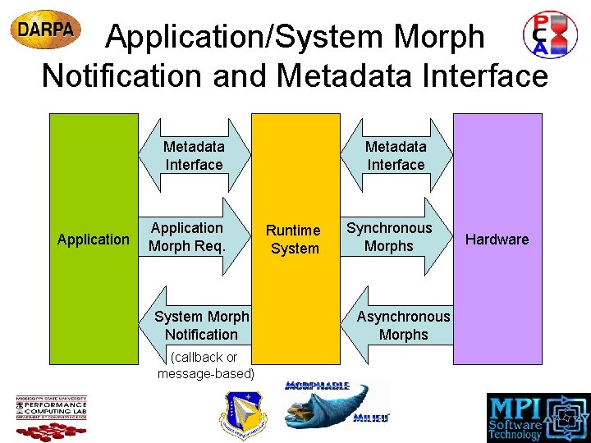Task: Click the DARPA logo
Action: pos(46,30)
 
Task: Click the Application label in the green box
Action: pos(94,240)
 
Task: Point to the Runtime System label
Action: pos(294,240)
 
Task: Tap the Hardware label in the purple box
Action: pos(497,240)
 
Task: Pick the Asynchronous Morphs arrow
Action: pos(402,325)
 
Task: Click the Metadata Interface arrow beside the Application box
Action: pos(194,156)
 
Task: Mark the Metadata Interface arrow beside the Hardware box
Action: pos(396,156)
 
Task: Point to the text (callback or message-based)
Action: pos(205,366)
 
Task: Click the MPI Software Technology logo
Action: pos(537,416)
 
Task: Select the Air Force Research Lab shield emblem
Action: pos(243,414)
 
